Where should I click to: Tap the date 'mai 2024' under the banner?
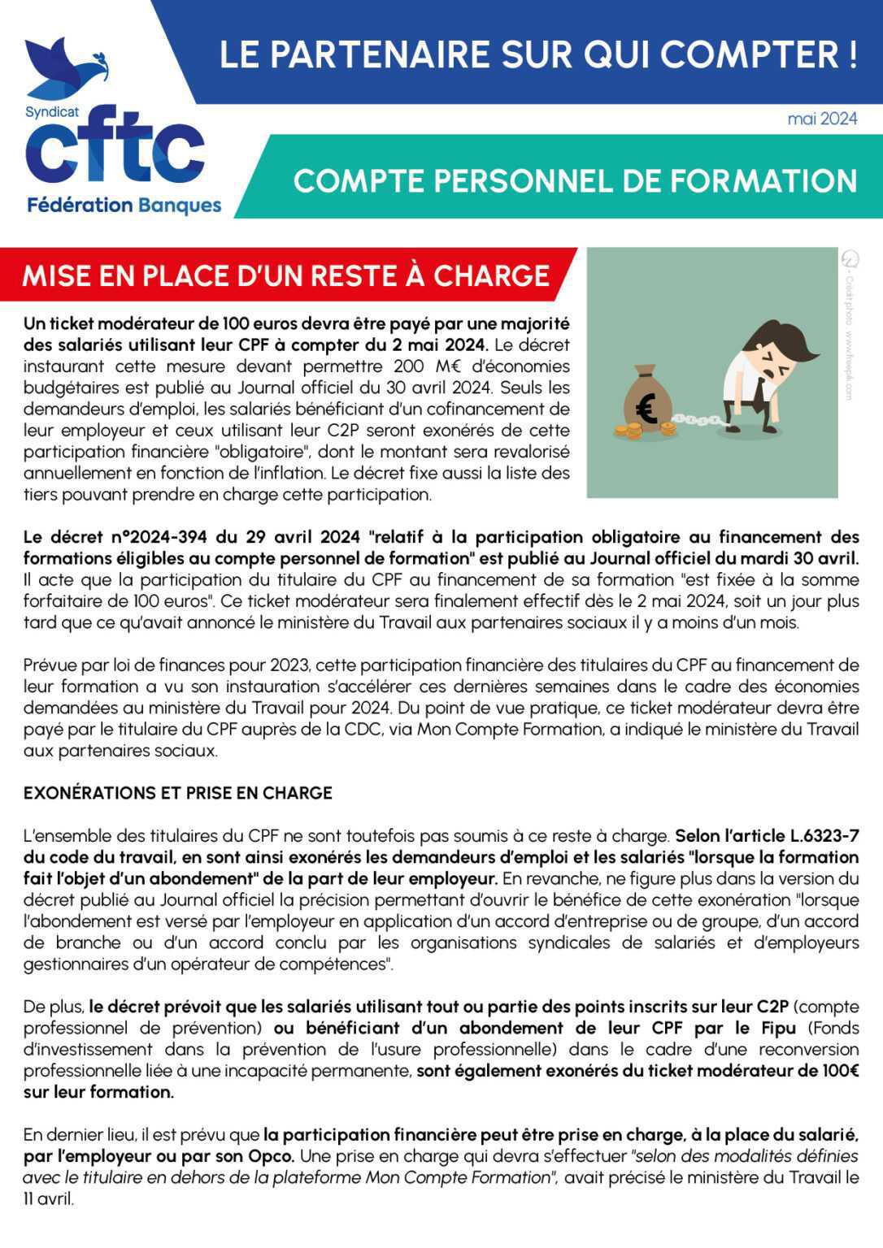[822, 119]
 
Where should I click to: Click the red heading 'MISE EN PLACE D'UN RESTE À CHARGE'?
[285, 276]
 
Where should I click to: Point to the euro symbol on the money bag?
[647, 408]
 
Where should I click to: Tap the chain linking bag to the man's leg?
[696, 421]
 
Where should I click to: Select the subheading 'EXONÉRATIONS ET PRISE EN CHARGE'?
[177, 793]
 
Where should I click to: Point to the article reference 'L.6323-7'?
[824, 835]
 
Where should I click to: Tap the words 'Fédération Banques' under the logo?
[124, 205]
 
